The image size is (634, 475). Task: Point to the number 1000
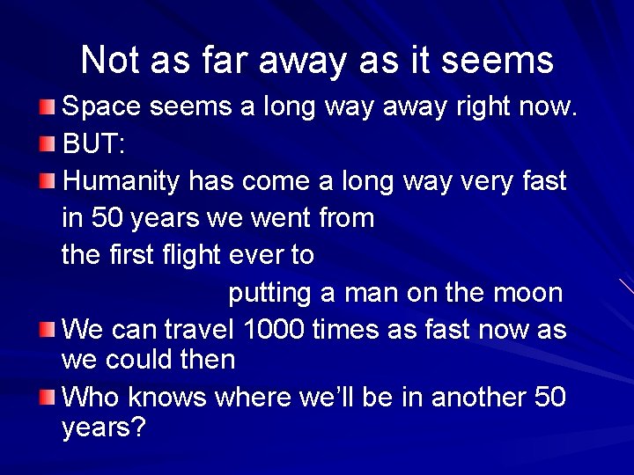pos(274,330)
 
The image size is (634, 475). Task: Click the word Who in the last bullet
pos(92,397)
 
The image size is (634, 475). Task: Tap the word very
pos(483,181)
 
